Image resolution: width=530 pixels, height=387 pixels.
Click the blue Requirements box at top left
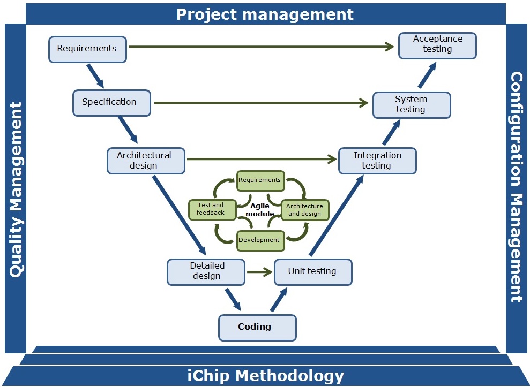(x=87, y=49)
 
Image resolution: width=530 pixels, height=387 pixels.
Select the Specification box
(x=111, y=102)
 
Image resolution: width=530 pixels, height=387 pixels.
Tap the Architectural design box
(x=146, y=161)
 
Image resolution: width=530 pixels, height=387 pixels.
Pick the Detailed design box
(x=206, y=271)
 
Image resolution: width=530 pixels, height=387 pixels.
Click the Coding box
(x=257, y=327)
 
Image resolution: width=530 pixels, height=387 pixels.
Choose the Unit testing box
(x=313, y=271)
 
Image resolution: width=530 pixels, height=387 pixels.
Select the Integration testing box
(x=377, y=161)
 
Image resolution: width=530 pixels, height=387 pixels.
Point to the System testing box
(x=412, y=105)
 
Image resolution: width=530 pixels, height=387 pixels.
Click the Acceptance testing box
(x=437, y=45)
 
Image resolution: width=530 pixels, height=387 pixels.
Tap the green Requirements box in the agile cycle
(x=260, y=180)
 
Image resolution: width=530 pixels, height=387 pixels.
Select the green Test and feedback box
(x=213, y=209)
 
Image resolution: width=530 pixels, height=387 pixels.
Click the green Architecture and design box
(x=305, y=210)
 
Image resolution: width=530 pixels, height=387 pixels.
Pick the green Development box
(x=260, y=240)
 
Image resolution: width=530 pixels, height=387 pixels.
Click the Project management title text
(x=265, y=14)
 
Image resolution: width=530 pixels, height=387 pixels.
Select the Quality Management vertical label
(x=16, y=189)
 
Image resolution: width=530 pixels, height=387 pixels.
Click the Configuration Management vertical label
(x=516, y=187)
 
